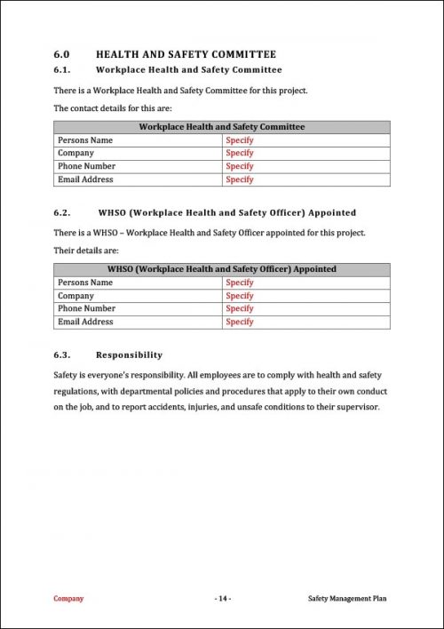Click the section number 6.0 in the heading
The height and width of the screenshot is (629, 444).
pyautogui.click(x=61, y=53)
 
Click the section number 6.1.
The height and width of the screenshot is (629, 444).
pyautogui.click(x=62, y=69)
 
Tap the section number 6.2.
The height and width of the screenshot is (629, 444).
pyautogui.click(x=62, y=213)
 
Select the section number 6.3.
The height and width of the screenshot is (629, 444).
pyautogui.click(x=62, y=354)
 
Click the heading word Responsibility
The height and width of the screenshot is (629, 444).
pyautogui.click(x=129, y=354)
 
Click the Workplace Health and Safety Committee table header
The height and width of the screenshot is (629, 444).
pyautogui.click(x=221, y=127)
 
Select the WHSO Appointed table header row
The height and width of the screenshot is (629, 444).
pyautogui.click(x=221, y=269)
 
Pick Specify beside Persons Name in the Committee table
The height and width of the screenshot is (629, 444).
pyautogui.click(x=240, y=140)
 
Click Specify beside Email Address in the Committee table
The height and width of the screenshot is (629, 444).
pyautogui.click(x=240, y=179)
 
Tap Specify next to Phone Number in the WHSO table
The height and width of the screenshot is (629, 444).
pyautogui.click(x=240, y=308)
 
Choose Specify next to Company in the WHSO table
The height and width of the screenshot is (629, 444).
pyautogui.click(x=240, y=296)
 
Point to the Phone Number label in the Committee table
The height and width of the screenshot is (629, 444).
pyautogui.click(x=87, y=166)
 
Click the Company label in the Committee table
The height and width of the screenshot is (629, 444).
pyautogui.click(x=75, y=153)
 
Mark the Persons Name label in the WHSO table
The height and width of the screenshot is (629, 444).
pyautogui.click(x=85, y=283)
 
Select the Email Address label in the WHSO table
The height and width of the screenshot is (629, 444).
pyautogui.click(x=85, y=322)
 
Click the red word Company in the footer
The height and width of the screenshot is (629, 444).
pyautogui.click(x=68, y=599)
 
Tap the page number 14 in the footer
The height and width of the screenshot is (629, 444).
pyautogui.click(x=222, y=599)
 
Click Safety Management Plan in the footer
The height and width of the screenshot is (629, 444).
pyautogui.click(x=347, y=599)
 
